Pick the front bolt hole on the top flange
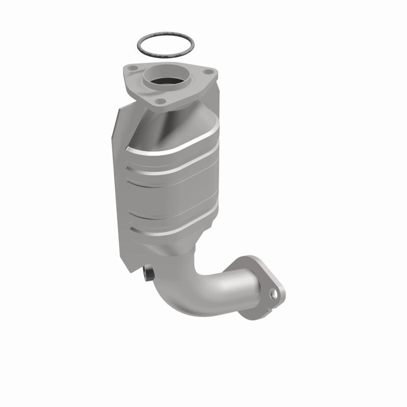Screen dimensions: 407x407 click(x=161, y=101)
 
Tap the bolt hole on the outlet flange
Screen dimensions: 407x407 click(x=274, y=294)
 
